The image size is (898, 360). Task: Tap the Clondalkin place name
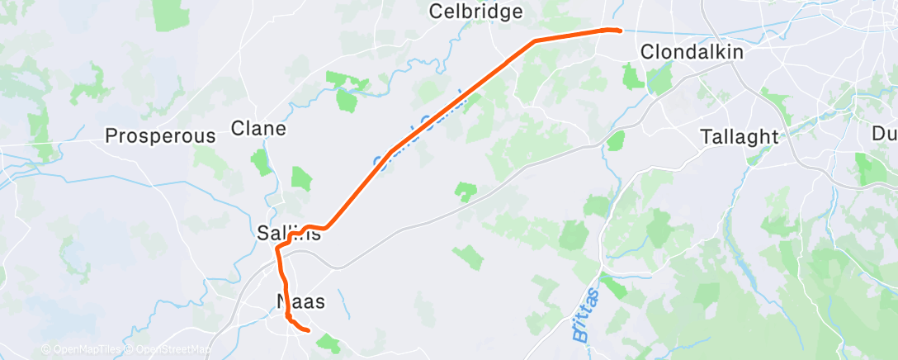(692, 52)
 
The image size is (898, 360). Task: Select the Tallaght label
(739, 136)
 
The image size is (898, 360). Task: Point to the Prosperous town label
(160, 136)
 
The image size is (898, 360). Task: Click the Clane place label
(258, 129)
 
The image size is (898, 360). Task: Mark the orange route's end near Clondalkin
(618, 31)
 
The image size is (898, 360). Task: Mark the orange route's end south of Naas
(307, 330)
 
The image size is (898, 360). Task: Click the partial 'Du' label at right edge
(884, 133)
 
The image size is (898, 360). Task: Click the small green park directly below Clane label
(262, 162)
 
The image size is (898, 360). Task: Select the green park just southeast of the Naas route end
(328, 342)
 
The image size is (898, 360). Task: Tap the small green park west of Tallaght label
(615, 141)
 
